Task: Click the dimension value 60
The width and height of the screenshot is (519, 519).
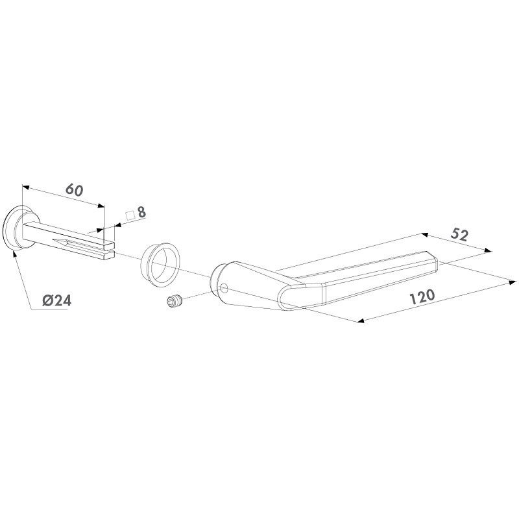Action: click(74, 190)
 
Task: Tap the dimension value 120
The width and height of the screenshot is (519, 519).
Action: click(422, 296)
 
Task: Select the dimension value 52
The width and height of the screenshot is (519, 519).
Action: click(459, 235)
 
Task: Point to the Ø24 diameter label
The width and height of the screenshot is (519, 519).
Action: click(57, 300)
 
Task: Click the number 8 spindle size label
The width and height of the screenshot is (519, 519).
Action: click(141, 212)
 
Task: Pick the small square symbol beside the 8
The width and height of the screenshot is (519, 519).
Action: click(130, 215)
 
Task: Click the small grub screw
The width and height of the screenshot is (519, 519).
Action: click(175, 301)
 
